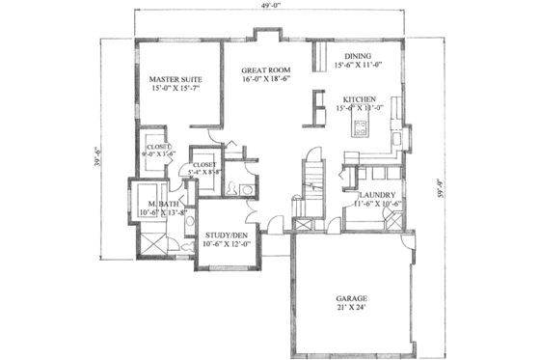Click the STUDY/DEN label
(225, 233)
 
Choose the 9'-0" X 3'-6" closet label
(158, 152)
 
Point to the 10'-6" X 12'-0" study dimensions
(225, 243)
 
